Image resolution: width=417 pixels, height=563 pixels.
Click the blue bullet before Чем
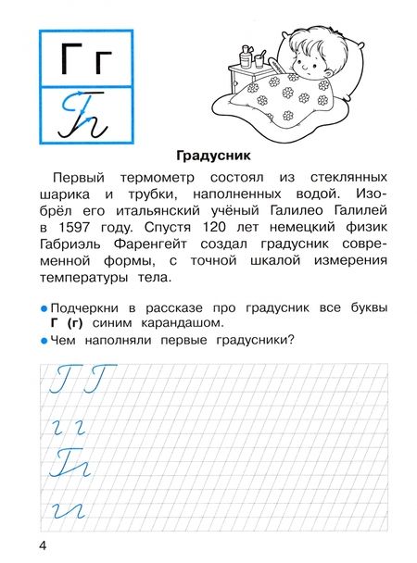click(42, 341)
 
